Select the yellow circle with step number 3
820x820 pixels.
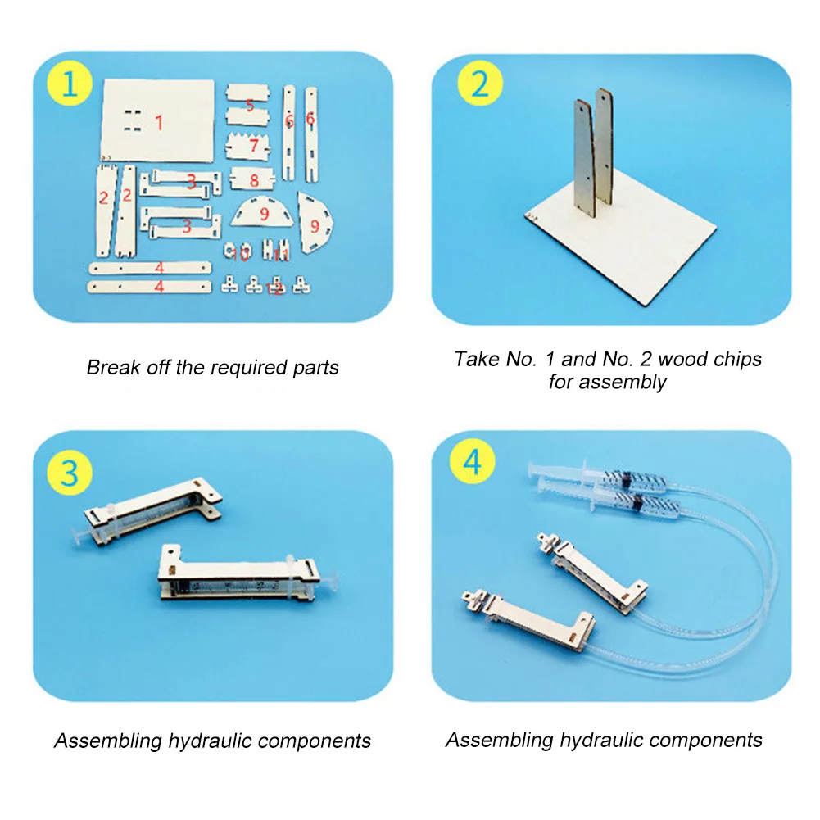tap(69, 472)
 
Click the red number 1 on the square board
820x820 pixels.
tap(159, 123)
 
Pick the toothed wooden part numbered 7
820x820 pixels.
tap(254, 146)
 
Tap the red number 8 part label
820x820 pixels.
tap(254, 179)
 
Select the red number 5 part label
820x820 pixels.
tap(251, 104)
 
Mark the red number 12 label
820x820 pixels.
tap(277, 289)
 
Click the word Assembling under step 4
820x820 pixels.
tap(500, 741)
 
